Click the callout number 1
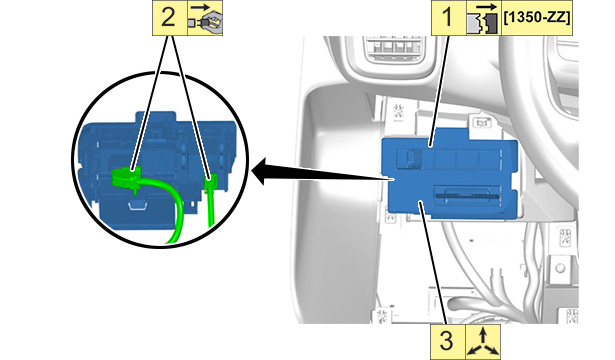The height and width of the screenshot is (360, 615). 448,18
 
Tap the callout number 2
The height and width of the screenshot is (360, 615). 168,18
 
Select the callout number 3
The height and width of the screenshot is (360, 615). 448,340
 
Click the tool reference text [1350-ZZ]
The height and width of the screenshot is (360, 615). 536,18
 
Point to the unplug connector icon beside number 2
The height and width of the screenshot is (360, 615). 205,18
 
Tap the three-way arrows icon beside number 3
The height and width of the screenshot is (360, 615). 483,341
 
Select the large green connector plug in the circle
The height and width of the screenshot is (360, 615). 126,178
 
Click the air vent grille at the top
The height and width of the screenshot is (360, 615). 395,49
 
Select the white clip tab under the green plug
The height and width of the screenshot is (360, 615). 137,204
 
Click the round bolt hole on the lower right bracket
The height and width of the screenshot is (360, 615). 560,268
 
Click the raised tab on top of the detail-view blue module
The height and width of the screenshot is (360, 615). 155,118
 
